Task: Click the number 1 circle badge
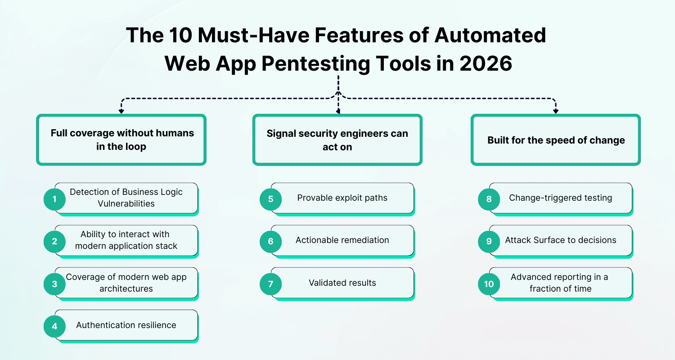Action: pyautogui.click(x=54, y=199)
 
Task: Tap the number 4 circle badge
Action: pyautogui.click(x=54, y=326)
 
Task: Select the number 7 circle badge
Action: pyautogui.click(x=270, y=284)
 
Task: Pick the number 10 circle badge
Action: pyautogui.click(x=489, y=284)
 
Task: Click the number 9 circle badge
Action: pyautogui.click(x=489, y=241)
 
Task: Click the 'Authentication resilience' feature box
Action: pyautogui.click(x=126, y=326)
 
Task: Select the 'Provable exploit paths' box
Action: pyautogui.click(x=342, y=199)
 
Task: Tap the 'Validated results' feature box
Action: pyautogui.click(x=342, y=283)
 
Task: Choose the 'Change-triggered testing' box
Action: pyautogui.click(x=561, y=199)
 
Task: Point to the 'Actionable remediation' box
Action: pyautogui.click(x=342, y=241)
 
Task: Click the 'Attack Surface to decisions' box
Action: pyautogui.click(x=561, y=241)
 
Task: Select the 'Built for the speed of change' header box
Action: pyautogui.click(x=556, y=140)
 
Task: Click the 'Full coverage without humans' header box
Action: pyautogui.click(x=121, y=140)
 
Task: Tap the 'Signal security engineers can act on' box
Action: pyautogui.click(x=337, y=140)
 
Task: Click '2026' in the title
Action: pyautogui.click(x=486, y=63)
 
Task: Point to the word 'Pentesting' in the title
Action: pyautogui.click(x=316, y=64)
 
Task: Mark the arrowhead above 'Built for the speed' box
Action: pyautogui.click(x=556, y=111)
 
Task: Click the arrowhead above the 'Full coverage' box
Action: pyautogui.click(x=121, y=111)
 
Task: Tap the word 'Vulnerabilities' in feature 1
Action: pyautogui.click(x=126, y=204)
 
